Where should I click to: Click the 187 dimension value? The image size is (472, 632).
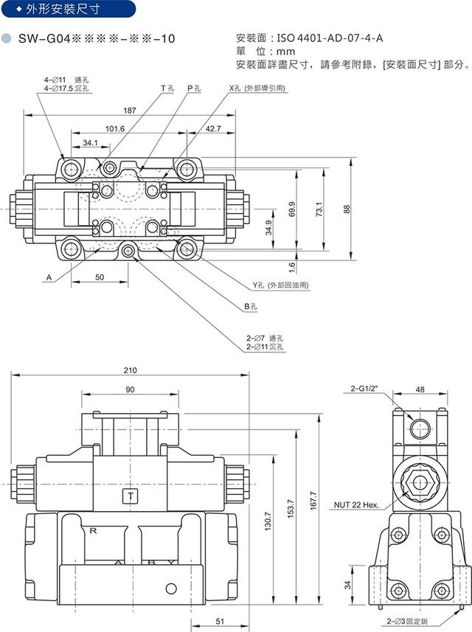click(130, 111)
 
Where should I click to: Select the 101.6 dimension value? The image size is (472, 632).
click(115, 128)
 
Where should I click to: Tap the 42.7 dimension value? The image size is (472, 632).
click(213, 128)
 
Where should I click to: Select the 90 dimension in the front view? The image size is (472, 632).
click(130, 389)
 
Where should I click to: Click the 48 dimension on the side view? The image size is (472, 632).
click(420, 389)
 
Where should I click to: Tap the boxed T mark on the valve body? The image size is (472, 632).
click(131, 496)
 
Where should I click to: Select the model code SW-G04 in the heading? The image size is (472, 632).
click(44, 38)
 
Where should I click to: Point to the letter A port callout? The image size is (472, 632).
click(48, 278)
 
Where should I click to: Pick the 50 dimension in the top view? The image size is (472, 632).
click(100, 277)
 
